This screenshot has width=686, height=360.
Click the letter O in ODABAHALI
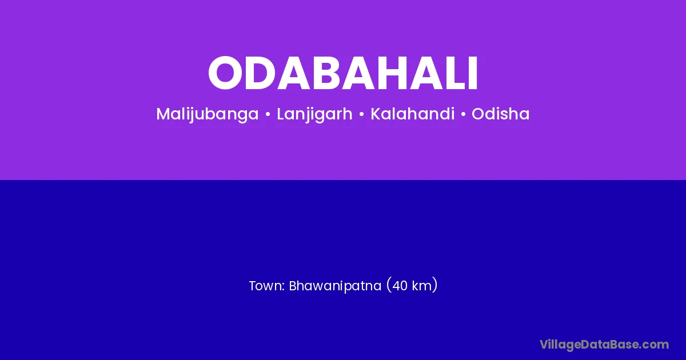(x=225, y=73)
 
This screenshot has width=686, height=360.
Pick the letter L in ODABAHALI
(x=457, y=73)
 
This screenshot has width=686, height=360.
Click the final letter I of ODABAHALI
(x=473, y=73)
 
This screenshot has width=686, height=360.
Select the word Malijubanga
(x=208, y=114)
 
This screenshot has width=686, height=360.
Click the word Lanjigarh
(x=314, y=114)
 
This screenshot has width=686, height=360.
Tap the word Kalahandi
(x=413, y=114)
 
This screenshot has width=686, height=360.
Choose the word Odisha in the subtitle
(x=500, y=114)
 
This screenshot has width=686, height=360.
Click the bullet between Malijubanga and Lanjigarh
(x=268, y=114)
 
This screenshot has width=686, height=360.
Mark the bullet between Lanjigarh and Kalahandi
(x=361, y=114)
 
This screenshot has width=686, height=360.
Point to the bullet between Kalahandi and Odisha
(x=463, y=114)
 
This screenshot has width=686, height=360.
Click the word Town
(x=265, y=286)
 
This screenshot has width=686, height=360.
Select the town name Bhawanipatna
(x=335, y=286)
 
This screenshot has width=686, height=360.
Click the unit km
(x=421, y=286)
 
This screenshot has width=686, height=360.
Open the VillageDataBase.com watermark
(x=604, y=345)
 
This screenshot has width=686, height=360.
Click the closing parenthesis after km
(x=434, y=285)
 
